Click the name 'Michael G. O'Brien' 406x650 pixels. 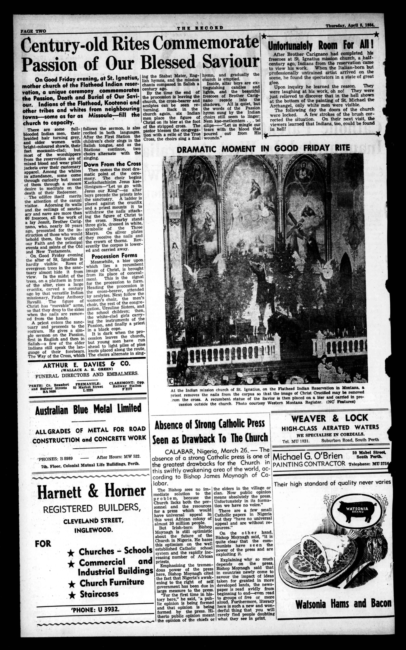308,456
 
